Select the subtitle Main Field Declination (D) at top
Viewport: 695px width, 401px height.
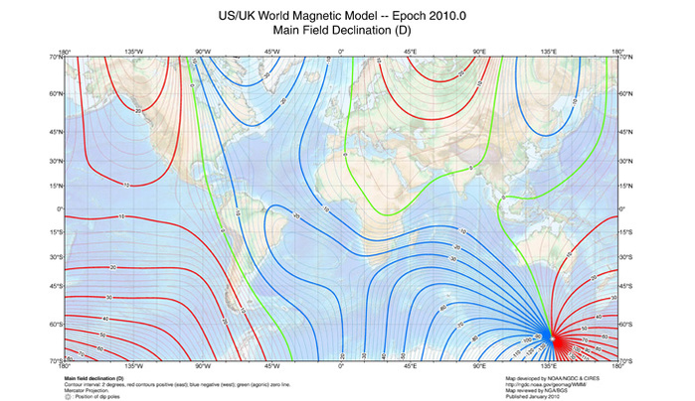pos(348,32)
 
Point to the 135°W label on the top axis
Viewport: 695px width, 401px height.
pos(133,51)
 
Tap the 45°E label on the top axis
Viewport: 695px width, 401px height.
pos(410,51)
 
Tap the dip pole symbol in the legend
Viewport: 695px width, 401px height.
pos(68,396)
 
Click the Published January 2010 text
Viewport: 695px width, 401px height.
pos(543,396)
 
